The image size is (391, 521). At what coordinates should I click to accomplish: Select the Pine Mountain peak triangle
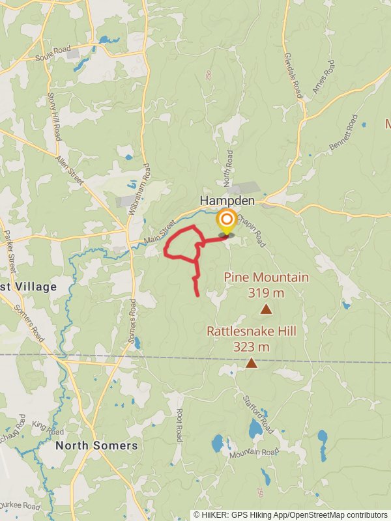(x=266, y=309)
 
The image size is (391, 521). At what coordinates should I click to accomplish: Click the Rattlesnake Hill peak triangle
(x=251, y=363)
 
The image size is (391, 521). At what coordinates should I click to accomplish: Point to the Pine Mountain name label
(x=266, y=277)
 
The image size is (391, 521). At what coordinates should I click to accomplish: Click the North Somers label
(x=96, y=445)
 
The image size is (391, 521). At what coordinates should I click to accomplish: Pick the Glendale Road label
(x=293, y=75)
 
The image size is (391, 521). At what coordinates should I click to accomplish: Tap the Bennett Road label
(x=343, y=134)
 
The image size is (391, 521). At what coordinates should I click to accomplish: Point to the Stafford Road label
(x=259, y=413)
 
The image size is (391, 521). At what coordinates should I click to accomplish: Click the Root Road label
(x=179, y=425)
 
